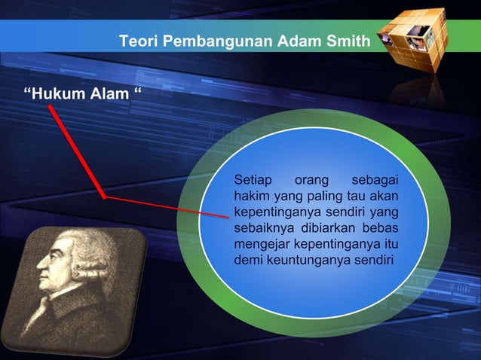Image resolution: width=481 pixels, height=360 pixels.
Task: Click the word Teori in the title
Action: [136, 41]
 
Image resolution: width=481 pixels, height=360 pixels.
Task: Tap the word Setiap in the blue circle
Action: [253, 180]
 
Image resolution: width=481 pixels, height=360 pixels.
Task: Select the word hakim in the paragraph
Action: [251, 197]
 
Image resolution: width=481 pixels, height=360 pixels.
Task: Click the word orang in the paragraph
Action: [310, 180]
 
